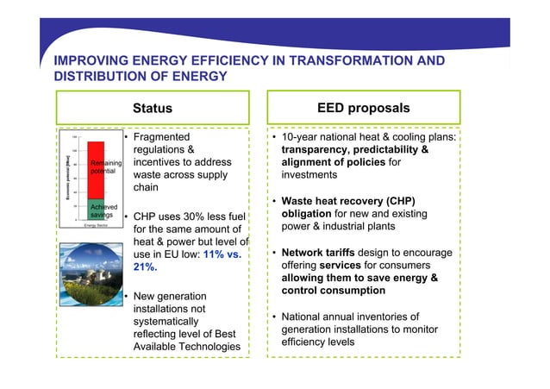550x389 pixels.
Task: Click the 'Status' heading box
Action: click(x=152, y=109)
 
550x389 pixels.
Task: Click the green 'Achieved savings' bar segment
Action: click(x=95, y=210)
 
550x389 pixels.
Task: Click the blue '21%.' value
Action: click(x=147, y=268)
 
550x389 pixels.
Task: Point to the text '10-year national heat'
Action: click(x=339, y=139)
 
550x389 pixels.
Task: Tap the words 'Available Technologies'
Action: click(x=187, y=347)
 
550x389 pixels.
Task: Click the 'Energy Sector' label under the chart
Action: click(x=89, y=225)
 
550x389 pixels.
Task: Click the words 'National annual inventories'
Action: click(x=350, y=317)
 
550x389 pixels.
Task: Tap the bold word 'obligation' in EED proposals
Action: click(x=309, y=214)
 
